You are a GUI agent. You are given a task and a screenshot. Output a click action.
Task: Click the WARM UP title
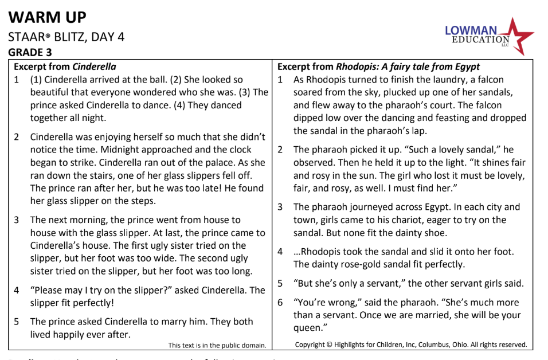point(47,17)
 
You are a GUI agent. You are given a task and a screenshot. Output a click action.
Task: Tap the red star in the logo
point(518,36)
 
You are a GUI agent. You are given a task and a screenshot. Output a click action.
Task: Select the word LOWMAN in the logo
point(471,30)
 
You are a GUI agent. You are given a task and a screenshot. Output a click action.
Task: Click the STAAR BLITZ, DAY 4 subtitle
point(66,37)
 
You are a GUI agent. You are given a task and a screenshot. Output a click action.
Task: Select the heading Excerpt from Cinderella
point(65,66)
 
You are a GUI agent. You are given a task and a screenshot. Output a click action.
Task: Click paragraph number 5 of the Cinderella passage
point(17,322)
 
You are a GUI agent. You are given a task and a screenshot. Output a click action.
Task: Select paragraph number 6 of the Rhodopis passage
point(280,303)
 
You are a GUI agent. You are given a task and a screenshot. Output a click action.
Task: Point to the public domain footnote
point(217,345)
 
